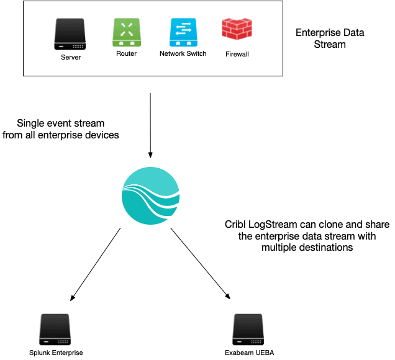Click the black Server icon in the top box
point(70,34)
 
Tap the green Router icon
point(126,32)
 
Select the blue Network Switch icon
point(183,32)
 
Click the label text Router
point(126,54)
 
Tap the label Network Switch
point(183,54)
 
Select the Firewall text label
point(237,55)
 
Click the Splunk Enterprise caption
point(56,353)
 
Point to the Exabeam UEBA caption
point(249,353)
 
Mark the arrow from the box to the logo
point(150,124)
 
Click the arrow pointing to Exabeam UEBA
point(199,263)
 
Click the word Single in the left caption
point(32,123)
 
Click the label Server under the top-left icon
point(70,58)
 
